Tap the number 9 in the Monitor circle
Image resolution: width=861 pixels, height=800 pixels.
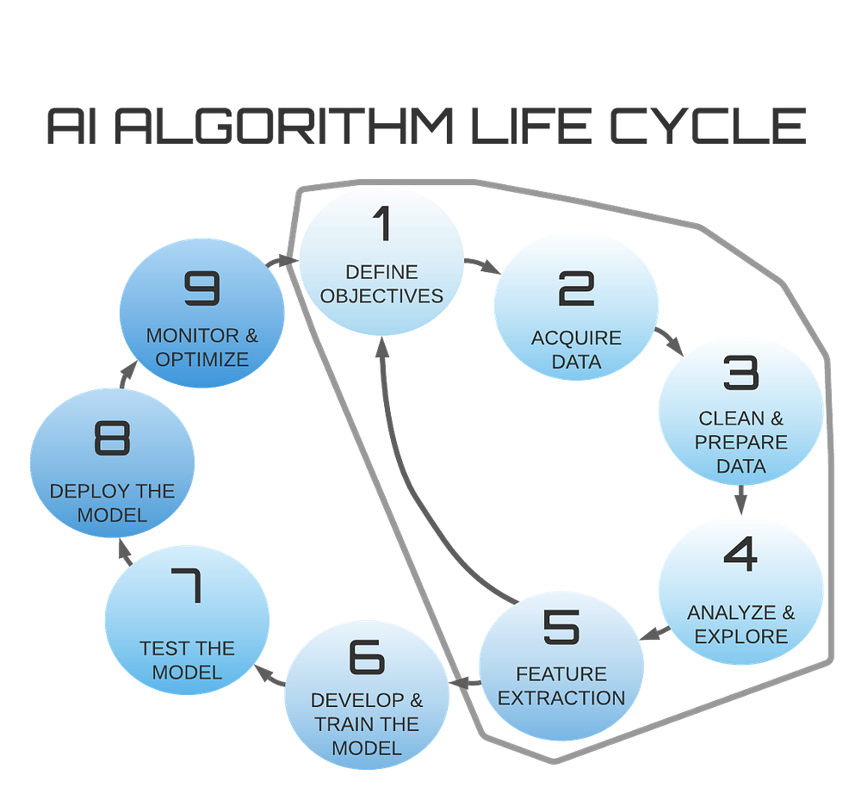coord(202,289)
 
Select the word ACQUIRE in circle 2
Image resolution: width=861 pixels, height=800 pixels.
coord(576,338)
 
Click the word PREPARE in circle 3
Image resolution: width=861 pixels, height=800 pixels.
coord(741,443)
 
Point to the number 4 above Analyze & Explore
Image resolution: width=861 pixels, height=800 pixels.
coord(740,555)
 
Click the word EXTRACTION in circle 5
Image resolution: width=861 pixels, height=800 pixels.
coord(561,698)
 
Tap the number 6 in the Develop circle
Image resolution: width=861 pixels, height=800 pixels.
coord(367,657)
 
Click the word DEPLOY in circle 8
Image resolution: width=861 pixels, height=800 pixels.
coord(83,492)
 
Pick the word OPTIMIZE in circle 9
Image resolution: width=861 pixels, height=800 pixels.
coord(201,359)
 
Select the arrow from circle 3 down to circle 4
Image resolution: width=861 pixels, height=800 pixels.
coord(741,499)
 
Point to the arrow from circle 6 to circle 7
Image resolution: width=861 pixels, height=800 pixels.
coord(267,674)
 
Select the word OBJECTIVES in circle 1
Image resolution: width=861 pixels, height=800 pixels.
coord(381,296)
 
